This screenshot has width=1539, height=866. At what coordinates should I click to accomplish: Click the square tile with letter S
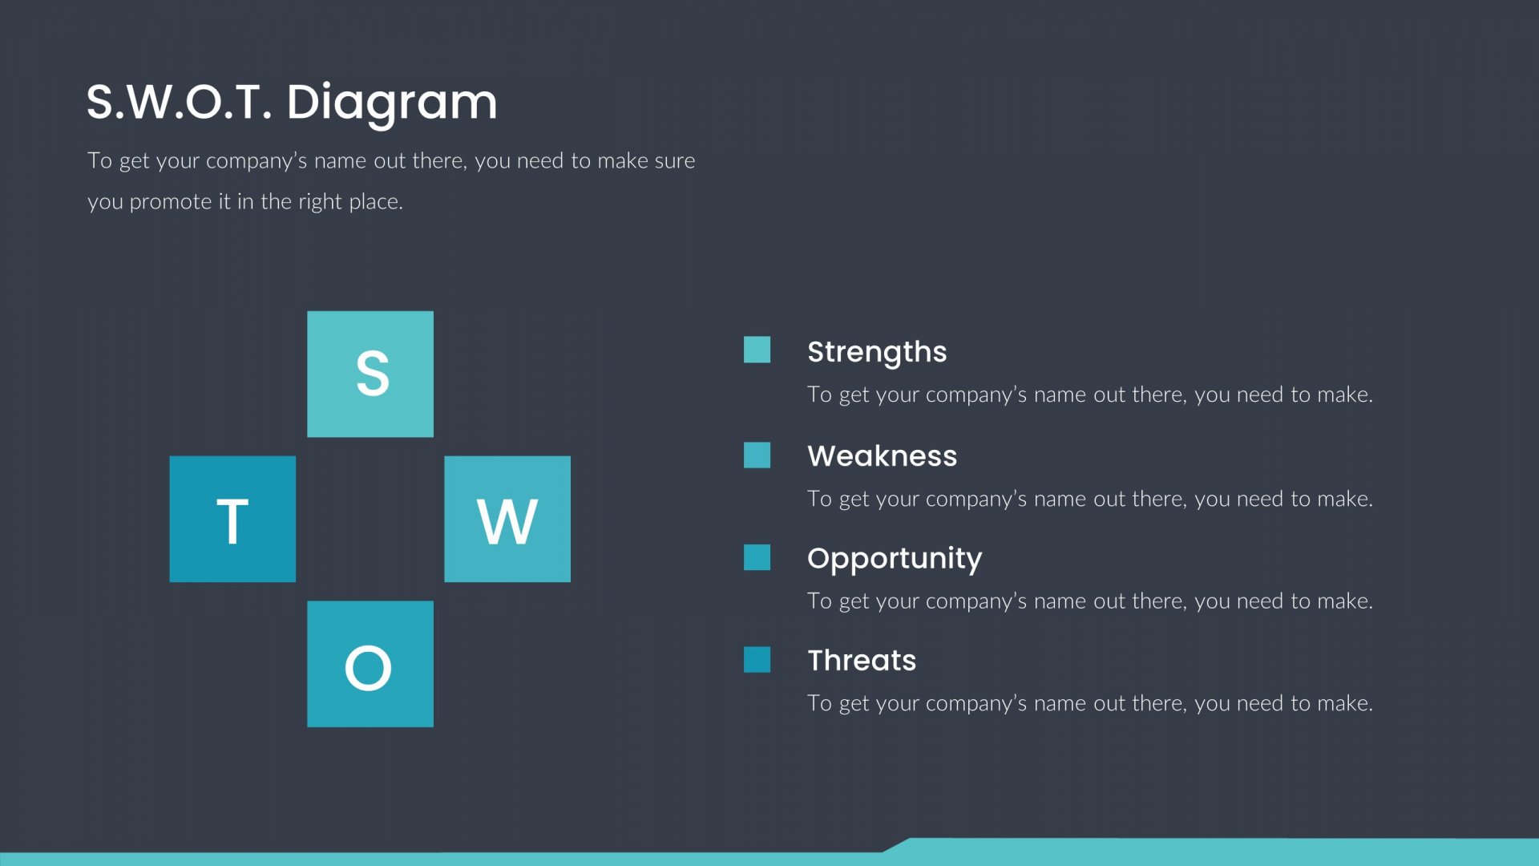(370, 374)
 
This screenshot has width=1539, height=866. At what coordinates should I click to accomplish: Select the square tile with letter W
(507, 519)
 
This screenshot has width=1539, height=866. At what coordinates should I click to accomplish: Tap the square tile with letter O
(370, 664)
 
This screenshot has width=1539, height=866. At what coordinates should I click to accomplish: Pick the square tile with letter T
(232, 519)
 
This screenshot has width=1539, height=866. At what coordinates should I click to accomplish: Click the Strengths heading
(877, 352)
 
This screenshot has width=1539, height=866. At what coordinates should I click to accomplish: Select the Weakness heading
(883, 455)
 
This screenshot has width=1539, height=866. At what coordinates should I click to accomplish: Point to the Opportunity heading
(895, 558)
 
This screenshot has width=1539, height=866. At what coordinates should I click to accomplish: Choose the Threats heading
(862, 660)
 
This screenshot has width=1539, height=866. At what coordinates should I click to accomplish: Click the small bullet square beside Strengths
(757, 350)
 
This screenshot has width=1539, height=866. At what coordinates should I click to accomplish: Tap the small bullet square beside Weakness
(757, 455)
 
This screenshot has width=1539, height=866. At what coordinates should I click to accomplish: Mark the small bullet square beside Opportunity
(757, 557)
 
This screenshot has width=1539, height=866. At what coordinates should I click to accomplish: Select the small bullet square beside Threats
(757, 660)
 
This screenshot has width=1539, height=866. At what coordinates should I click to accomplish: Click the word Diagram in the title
(392, 103)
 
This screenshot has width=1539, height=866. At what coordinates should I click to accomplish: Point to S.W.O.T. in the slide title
(179, 102)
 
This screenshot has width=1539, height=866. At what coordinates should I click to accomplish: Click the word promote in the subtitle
(171, 201)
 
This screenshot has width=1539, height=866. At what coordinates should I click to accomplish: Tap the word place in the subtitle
(376, 201)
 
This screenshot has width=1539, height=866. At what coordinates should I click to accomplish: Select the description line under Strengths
(1090, 395)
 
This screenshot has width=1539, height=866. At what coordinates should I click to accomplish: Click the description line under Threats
(1090, 703)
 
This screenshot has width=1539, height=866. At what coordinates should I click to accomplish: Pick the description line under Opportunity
(1090, 601)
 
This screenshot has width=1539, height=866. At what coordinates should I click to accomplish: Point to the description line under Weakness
(1090, 499)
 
